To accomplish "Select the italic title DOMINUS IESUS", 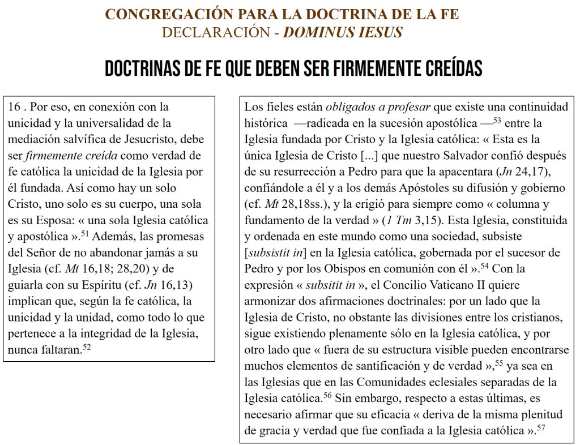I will coord(343,32).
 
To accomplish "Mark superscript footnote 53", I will coord(499,119).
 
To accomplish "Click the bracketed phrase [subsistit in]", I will coord(275,250).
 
